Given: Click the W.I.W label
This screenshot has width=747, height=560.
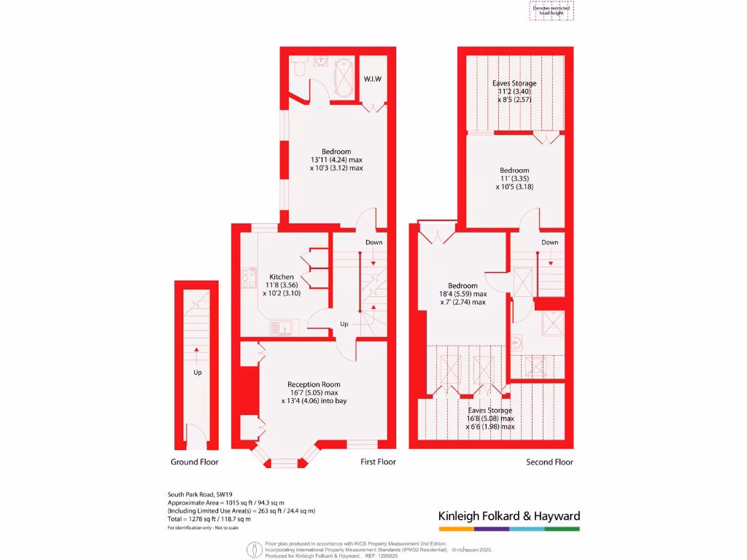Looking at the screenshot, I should pyautogui.click(x=373, y=79).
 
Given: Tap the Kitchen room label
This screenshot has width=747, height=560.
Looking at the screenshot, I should pyautogui.click(x=282, y=277).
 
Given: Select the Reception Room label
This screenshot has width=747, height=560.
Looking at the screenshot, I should pyautogui.click(x=314, y=384).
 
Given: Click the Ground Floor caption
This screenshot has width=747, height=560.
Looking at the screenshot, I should pyautogui.click(x=195, y=462).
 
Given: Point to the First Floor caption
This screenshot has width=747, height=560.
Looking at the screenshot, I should pyautogui.click(x=378, y=462).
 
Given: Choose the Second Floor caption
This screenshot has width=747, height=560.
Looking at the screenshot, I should pyautogui.click(x=549, y=462).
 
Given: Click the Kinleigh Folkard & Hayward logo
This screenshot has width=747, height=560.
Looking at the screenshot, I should pyautogui.click(x=508, y=516).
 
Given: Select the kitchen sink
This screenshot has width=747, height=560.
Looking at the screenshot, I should pyautogui.click(x=280, y=327).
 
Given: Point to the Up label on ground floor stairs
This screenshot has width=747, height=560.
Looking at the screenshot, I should pyautogui.click(x=197, y=373).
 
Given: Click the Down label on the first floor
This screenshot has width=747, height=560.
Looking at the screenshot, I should pyautogui.click(x=373, y=242).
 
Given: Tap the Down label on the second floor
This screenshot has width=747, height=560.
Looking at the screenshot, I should pyautogui.click(x=549, y=242).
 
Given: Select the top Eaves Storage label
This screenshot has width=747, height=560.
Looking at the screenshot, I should pyautogui.click(x=514, y=84).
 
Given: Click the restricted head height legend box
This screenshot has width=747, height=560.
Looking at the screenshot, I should pyautogui.click(x=551, y=9).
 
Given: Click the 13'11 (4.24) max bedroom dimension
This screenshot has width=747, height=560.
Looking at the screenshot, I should pyautogui.click(x=336, y=160).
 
